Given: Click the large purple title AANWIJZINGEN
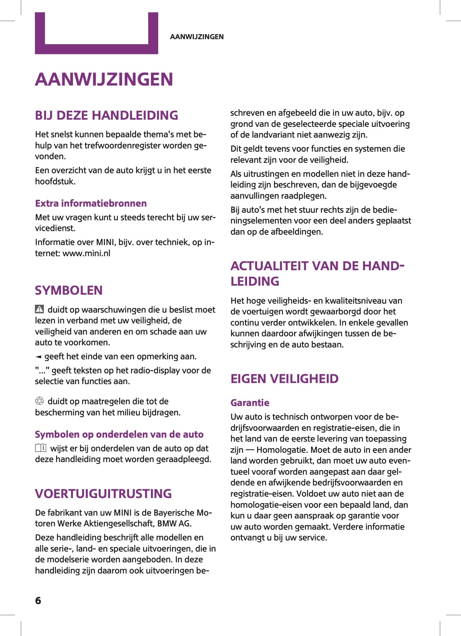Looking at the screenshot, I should (x=104, y=79).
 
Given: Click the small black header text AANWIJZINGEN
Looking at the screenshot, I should (x=197, y=37).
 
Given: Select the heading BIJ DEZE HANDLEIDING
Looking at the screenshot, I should (x=106, y=115).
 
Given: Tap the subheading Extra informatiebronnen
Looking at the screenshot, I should (x=91, y=203).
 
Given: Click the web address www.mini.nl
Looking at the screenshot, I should (x=86, y=253).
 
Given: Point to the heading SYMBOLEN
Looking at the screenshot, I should (x=69, y=290).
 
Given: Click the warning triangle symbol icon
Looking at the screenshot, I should (x=39, y=309).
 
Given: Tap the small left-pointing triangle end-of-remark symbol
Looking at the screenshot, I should (x=38, y=357).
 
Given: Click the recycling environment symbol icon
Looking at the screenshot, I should (x=39, y=401).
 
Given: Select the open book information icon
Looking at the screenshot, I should (x=41, y=448).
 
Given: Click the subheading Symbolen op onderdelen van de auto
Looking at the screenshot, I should (x=119, y=434).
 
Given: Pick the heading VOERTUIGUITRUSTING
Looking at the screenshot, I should (x=103, y=494).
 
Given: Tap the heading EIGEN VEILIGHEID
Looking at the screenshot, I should (x=284, y=379).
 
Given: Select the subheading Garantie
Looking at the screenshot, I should (x=250, y=403).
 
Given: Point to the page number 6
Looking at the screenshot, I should (x=38, y=601).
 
